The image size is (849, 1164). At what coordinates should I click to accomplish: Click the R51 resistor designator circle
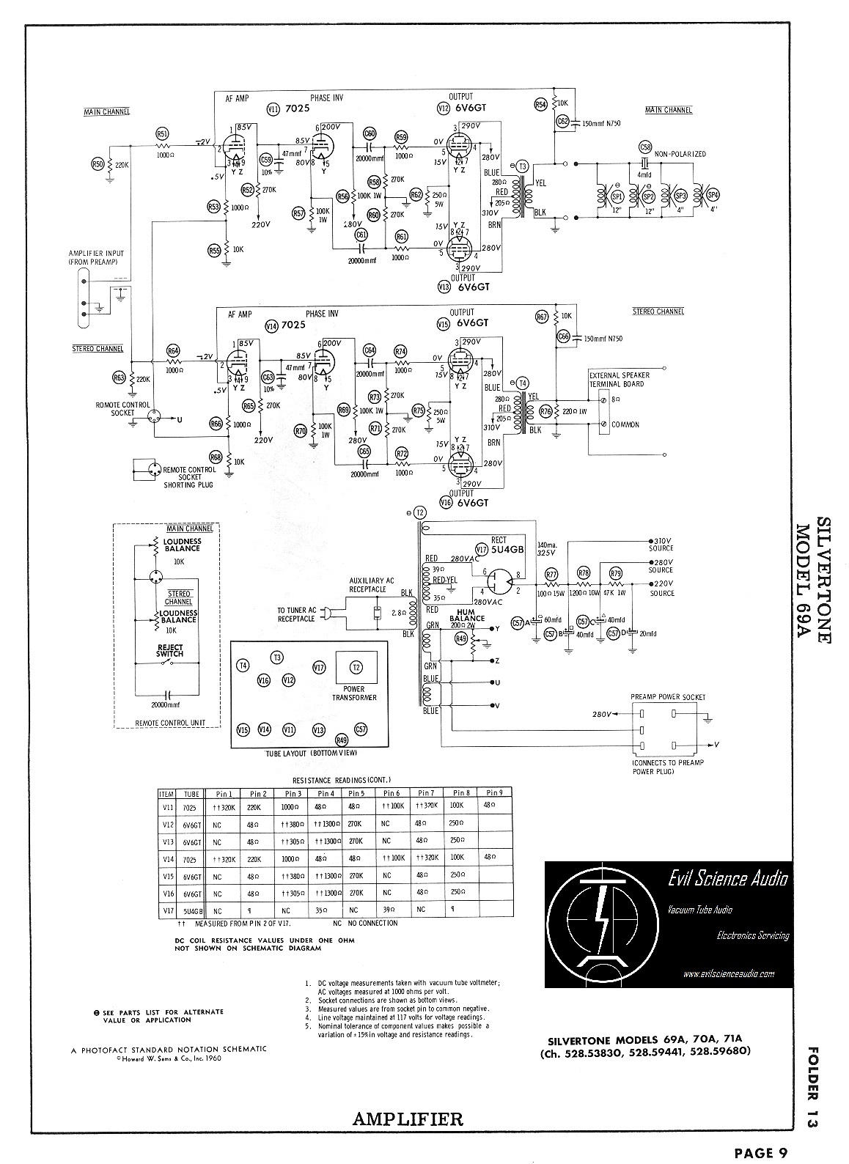click(163, 133)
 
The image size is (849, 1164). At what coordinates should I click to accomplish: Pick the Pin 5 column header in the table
click(357, 793)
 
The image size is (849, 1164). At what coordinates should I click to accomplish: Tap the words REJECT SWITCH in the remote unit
click(169, 650)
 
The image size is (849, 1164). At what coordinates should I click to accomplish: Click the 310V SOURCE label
click(661, 544)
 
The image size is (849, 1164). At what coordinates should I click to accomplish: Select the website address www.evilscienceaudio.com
click(728, 974)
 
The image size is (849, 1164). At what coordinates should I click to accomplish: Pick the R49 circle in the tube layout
click(341, 740)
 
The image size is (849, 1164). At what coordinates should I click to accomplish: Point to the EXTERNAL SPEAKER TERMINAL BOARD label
click(617, 380)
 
